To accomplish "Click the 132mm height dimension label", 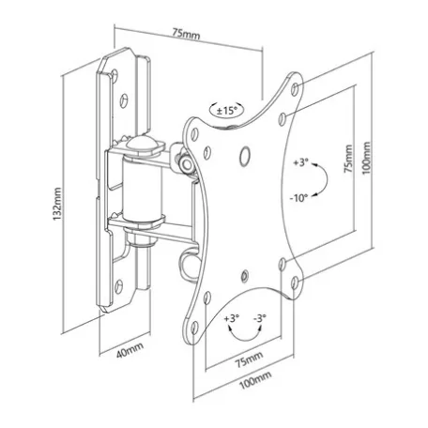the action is coord(57,204).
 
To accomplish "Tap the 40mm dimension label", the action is coord(130,350).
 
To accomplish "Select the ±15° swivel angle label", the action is coord(227,111).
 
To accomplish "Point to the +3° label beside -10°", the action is coord(300,162).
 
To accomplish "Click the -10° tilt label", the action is coord(298,198).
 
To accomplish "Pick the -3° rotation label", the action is coord(260,318).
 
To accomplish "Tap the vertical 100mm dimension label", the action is coord(366,158).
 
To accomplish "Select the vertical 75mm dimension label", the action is coord(348,159).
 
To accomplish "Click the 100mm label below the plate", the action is coord(255,379).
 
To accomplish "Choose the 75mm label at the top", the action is coord(186,33).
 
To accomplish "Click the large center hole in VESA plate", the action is coord(244,156).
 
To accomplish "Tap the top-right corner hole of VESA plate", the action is coord(295,88).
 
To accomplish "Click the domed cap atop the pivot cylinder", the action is coord(141,145).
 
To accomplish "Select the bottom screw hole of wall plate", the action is coord(118,286).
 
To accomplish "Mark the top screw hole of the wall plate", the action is coord(115,75).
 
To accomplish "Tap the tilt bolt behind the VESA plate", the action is coord(187,164).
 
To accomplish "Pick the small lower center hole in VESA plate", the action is coord(244,275).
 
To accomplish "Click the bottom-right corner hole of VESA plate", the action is coord(295,283).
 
